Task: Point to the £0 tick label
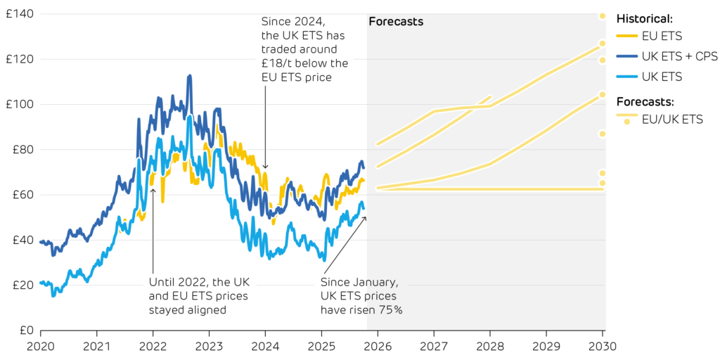(x=22, y=330)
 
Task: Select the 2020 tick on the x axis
(x=40, y=346)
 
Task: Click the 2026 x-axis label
(x=378, y=346)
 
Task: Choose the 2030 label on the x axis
(x=603, y=346)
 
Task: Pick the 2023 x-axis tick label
(x=209, y=346)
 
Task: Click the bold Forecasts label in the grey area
(x=396, y=22)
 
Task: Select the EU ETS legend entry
(x=662, y=36)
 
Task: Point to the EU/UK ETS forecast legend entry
(x=672, y=120)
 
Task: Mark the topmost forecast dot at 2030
(x=603, y=15)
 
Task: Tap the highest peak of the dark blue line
(x=189, y=75)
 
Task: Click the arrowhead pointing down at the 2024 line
(x=265, y=167)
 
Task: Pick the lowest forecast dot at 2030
(x=603, y=183)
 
